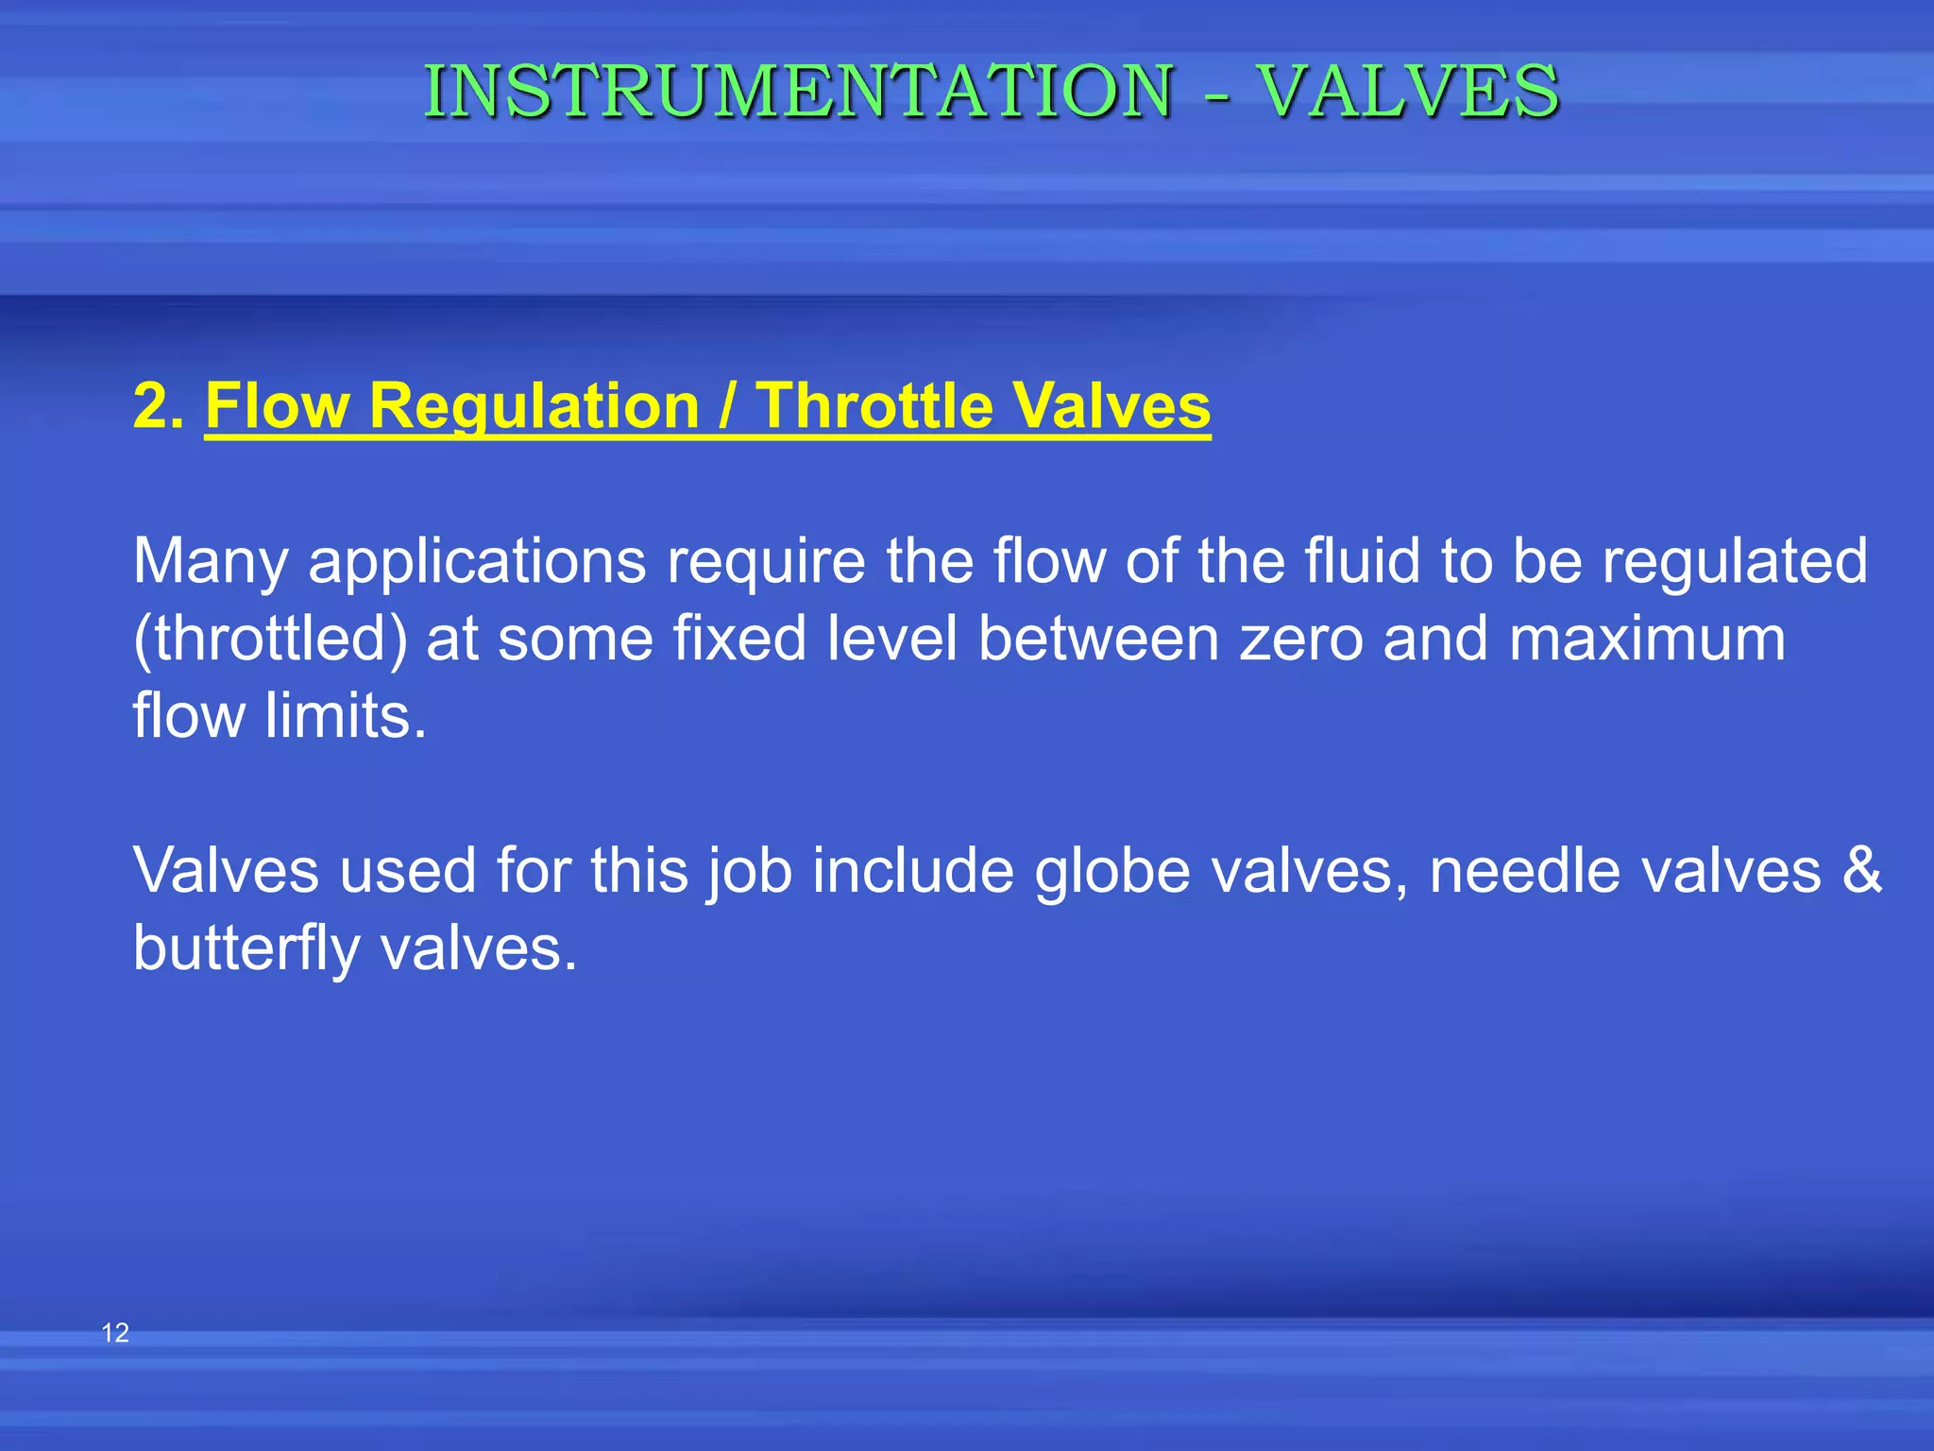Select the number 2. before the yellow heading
[158, 406]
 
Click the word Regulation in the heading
[534, 406]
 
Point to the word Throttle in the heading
[874, 406]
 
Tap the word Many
[211, 561]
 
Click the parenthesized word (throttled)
[270, 640]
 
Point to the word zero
[1301, 640]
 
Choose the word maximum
[1647, 640]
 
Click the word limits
[346, 716]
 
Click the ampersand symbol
[1861, 870]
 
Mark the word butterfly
[246, 948]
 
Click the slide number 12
[115, 1333]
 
